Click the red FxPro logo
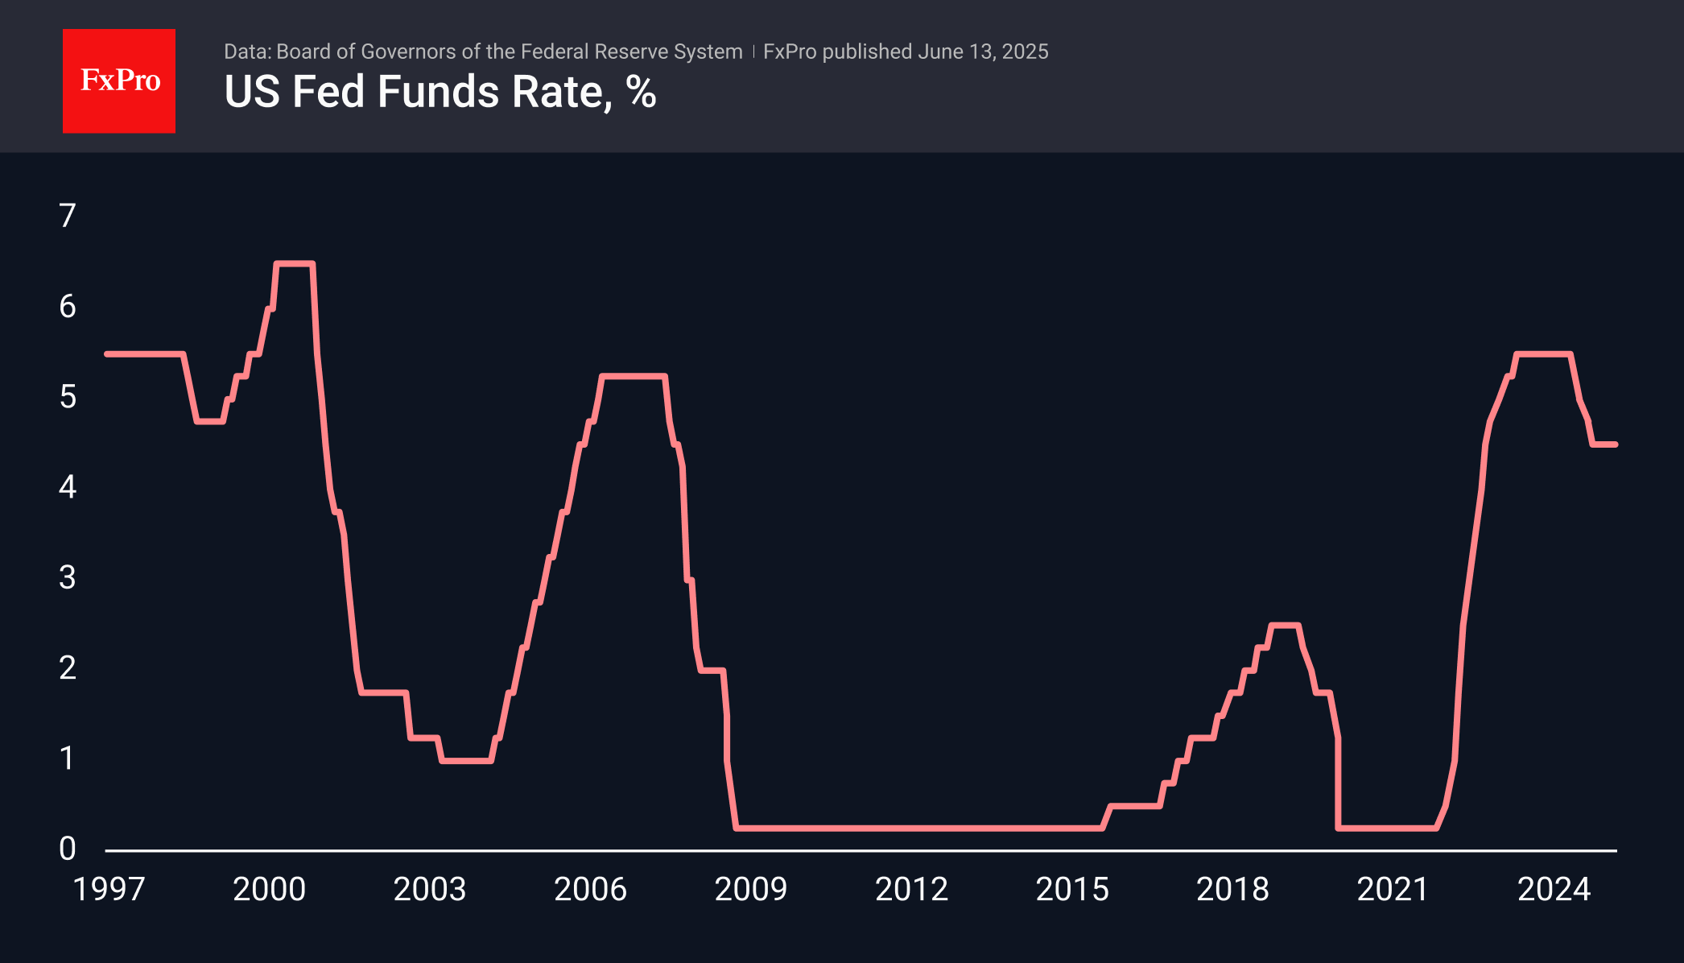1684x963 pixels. coord(119,81)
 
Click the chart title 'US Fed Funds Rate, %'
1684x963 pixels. coord(440,92)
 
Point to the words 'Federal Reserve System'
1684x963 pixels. coord(631,52)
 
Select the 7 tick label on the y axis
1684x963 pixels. coord(68,216)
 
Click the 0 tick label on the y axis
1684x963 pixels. coord(68,849)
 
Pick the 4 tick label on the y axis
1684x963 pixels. coord(68,487)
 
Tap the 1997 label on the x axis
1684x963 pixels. coord(109,890)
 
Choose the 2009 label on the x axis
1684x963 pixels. coord(750,890)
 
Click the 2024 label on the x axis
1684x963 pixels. coord(1554,890)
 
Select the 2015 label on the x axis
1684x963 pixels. coord(1071,890)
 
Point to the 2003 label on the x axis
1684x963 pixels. coord(429,890)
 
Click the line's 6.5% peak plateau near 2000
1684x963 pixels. coord(294,263)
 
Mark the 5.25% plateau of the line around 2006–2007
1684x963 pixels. coord(634,376)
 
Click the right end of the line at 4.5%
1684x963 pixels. coord(1614,444)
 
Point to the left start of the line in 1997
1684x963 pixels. coord(108,354)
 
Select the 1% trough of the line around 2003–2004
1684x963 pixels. coord(466,761)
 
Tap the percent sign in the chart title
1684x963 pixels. coord(641,92)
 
